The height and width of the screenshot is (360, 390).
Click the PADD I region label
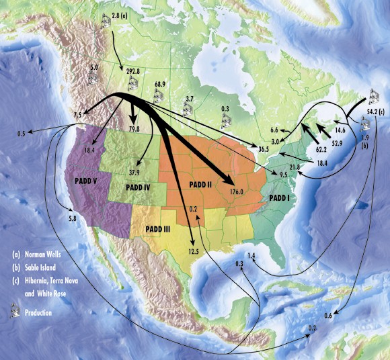279,198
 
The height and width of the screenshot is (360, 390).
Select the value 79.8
134,128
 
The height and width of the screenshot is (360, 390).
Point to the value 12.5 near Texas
194,251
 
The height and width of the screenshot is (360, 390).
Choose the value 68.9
160,85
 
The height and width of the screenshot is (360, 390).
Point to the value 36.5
263,148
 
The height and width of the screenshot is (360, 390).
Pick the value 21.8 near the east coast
295,167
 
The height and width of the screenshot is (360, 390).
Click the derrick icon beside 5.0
93,79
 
